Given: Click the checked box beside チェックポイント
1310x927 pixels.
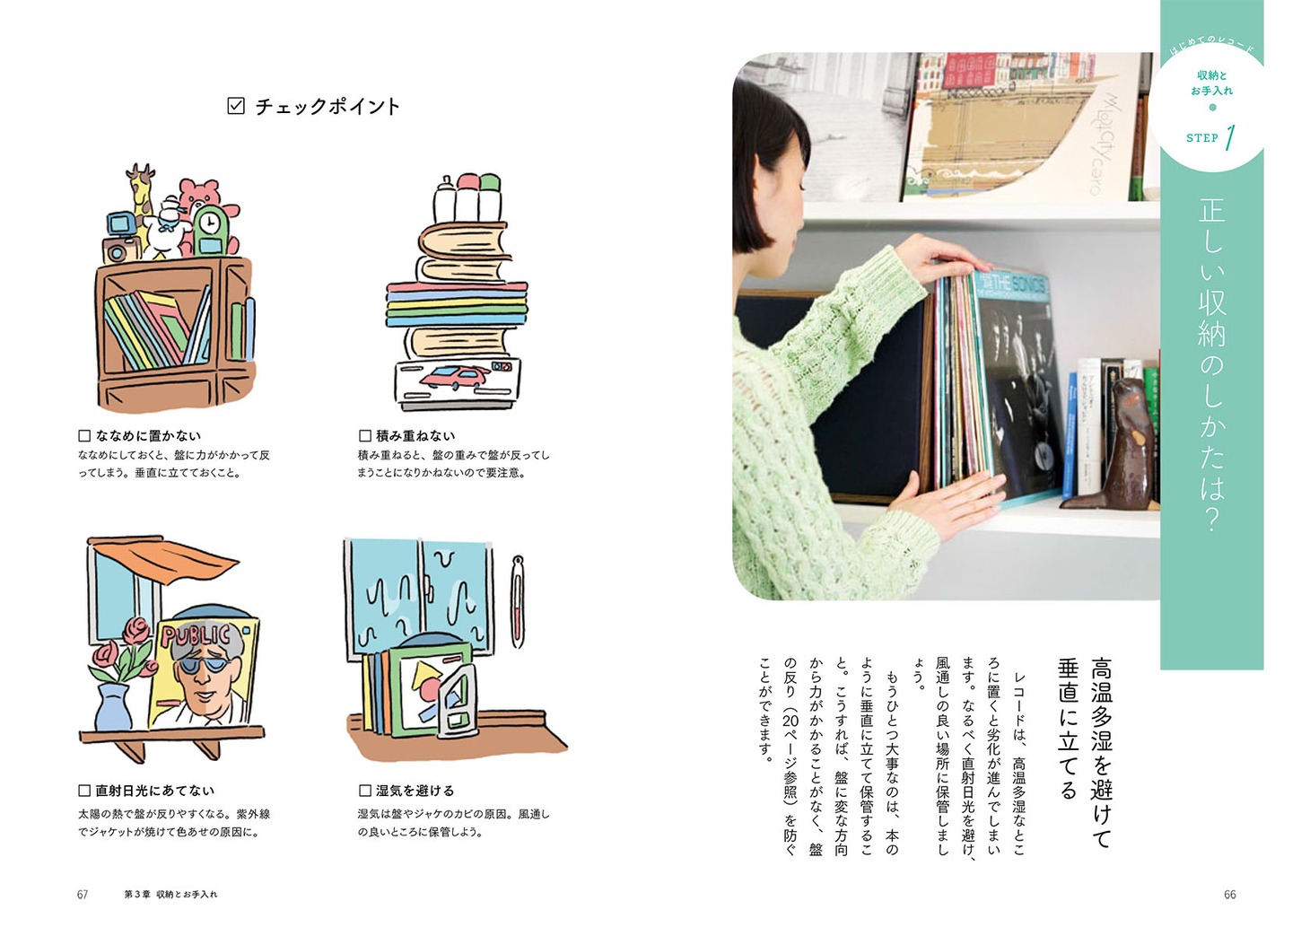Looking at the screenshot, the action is click(x=236, y=106).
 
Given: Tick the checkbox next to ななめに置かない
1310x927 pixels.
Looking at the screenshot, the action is click(x=84, y=436).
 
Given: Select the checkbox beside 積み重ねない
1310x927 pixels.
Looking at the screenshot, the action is click(x=365, y=436).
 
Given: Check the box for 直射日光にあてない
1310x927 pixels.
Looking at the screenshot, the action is click(x=84, y=791).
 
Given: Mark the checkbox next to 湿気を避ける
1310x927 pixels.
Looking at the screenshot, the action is click(x=365, y=791).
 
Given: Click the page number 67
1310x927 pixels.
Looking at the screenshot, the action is click(x=83, y=895).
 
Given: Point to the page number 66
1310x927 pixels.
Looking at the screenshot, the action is click(x=1230, y=895).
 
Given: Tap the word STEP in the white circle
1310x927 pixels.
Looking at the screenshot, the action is click(x=1201, y=138).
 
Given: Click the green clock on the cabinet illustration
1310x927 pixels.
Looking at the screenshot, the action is click(x=208, y=231).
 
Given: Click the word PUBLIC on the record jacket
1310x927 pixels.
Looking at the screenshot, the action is click(x=196, y=636).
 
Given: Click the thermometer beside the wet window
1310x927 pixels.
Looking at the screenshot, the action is click(x=517, y=601).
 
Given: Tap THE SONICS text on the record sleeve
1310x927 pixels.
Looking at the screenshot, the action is click(x=1012, y=284).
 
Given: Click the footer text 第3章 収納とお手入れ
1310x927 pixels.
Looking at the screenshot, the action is click(x=170, y=895).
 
